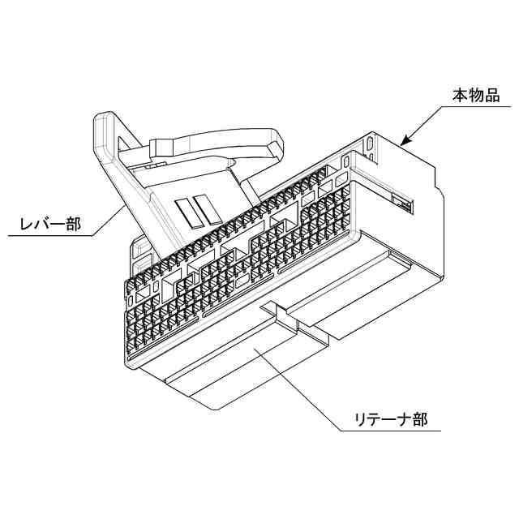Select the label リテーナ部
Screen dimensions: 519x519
coord(391,419)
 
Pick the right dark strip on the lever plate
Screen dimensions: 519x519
coord(209,208)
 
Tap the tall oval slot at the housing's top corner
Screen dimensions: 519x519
coord(371,144)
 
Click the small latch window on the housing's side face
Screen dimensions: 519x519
coord(402,203)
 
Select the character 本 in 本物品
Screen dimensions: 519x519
coord(460,97)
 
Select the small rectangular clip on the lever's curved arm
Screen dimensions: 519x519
coord(161,147)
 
